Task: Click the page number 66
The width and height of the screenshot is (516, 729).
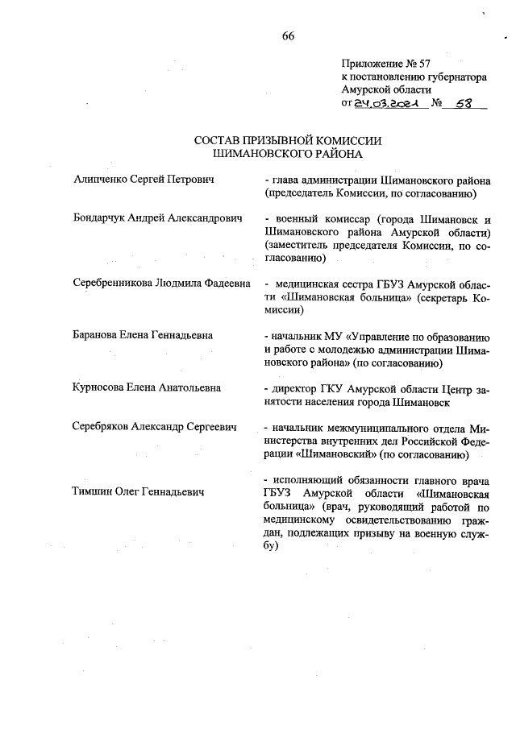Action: pos(289,35)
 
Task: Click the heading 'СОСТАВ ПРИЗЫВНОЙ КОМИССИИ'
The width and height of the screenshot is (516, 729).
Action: pos(288,140)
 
